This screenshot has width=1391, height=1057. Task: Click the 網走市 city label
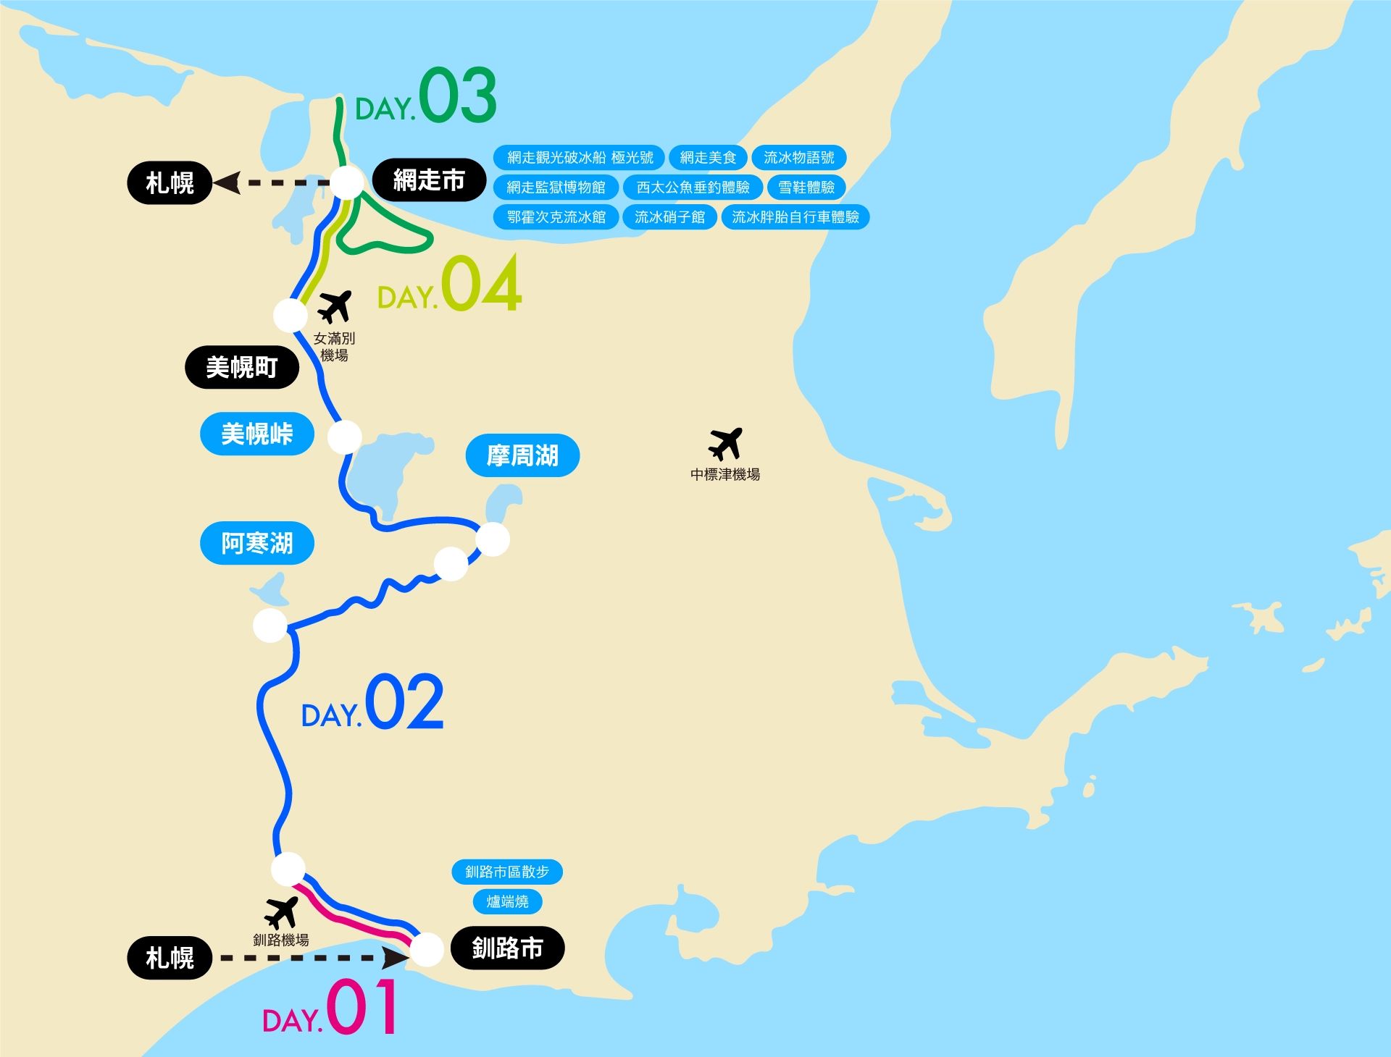click(x=429, y=180)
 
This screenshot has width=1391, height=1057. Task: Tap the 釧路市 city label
click(x=507, y=948)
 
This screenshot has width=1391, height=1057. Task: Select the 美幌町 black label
click(x=242, y=367)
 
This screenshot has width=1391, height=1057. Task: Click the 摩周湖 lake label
click(x=522, y=455)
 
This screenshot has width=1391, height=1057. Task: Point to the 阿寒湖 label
click(x=257, y=543)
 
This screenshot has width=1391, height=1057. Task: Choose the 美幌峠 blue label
click(x=257, y=434)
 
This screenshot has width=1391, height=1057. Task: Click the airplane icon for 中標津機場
click(x=725, y=443)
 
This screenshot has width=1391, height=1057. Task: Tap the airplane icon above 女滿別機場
click(x=335, y=306)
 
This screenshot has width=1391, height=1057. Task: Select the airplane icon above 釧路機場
click(x=281, y=912)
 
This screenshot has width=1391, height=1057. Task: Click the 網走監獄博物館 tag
click(x=556, y=188)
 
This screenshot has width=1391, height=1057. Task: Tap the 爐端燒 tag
click(x=507, y=901)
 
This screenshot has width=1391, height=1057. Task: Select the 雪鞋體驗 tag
click(x=806, y=188)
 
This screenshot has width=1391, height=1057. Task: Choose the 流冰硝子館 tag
click(x=669, y=217)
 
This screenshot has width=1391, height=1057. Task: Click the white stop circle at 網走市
click(x=347, y=182)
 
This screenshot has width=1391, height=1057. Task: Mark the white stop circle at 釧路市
click(x=427, y=949)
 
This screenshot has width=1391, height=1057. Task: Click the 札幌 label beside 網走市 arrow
click(x=170, y=183)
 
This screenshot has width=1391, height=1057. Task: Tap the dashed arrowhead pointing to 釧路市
click(x=396, y=958)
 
